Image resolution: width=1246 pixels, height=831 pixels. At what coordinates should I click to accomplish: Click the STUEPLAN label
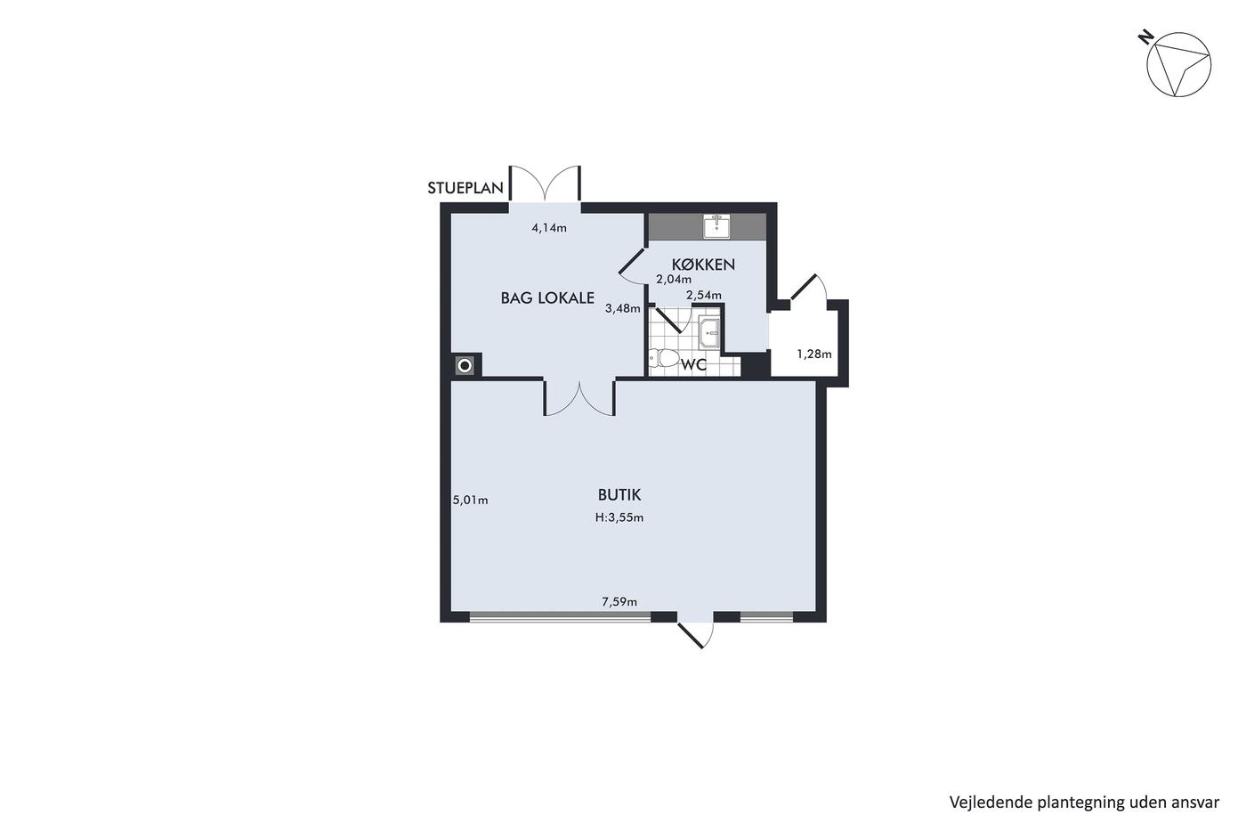point(465,188)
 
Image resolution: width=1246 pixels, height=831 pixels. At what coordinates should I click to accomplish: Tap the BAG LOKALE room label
point(547,297)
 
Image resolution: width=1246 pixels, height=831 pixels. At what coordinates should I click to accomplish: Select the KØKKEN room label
point(703,265)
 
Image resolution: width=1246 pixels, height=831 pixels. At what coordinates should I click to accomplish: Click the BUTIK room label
point(619,494)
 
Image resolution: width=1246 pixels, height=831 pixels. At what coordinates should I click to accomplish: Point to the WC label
point(693,364)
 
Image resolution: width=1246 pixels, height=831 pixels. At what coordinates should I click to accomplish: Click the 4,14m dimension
point(549,228)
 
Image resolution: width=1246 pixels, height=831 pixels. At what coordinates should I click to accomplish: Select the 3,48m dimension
point(622,308)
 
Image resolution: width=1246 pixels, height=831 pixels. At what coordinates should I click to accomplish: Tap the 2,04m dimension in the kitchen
point(674,280)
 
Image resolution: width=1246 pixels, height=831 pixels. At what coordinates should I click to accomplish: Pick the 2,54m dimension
point(704,295)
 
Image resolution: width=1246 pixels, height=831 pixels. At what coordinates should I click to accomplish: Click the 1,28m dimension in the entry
point(814,354)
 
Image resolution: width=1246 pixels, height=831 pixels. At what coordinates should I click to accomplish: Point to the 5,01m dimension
point(471,500)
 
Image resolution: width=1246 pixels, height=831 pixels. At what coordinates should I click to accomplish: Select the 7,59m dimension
point(619,601)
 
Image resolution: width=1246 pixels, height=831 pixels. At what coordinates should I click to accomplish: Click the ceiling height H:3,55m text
point(619,517)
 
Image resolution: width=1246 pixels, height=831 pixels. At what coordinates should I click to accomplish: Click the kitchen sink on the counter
point(717,227)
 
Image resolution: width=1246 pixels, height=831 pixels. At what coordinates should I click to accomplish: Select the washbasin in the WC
point(709,333)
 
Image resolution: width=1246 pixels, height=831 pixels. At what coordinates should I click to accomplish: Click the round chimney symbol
point(465,366)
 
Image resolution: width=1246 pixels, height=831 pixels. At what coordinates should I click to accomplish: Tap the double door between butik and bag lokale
point(579,398)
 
